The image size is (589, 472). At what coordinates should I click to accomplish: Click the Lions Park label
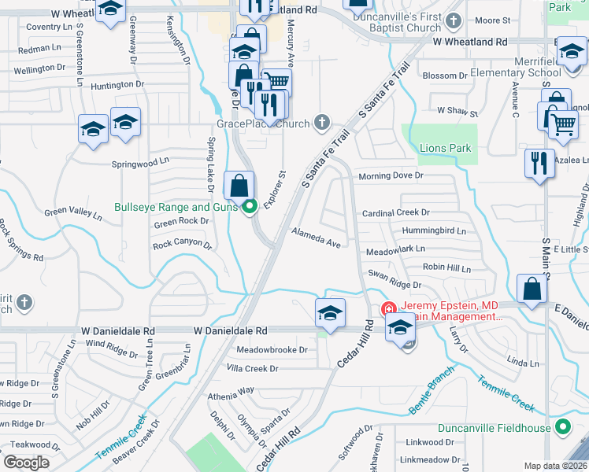pyautogui.click(x=445, y=148)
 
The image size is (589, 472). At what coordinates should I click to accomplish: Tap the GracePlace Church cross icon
pyautogui.click(x=320, y=123)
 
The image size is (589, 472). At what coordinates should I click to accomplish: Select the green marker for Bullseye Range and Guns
pyautogui.click(x=250, y=208)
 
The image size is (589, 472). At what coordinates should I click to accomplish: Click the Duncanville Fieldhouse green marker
pyautogui.click(x=562, y=428)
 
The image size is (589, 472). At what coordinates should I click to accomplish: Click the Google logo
pyautogui.click(x=26, y=463)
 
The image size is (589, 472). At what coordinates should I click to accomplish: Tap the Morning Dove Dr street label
pyautogui.click(x=391, y=175)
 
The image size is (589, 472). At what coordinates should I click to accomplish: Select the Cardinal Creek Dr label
pyautogui.click(x=395, y=213)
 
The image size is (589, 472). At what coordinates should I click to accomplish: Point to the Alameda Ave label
pyautogui.click(x=316, y=239)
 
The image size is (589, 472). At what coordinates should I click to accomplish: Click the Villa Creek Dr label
pyautogui.click(x=252, y=368)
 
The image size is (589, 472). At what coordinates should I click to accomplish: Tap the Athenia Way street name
pyautogui.click(x=231, y=389)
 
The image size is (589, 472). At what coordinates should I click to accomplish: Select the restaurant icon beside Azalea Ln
pyautogui.click(x=539, y=164)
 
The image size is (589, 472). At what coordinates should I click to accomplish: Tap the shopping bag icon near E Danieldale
pyautogui.click(x=532, y=289)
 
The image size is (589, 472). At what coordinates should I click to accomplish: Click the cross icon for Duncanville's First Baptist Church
pyautogui.click(x=453, y=21)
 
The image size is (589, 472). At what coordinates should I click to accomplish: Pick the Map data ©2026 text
pyautogui.click(x=555, y=466)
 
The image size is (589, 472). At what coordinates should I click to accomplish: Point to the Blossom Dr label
pyautogui.click(x=446, y=76)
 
